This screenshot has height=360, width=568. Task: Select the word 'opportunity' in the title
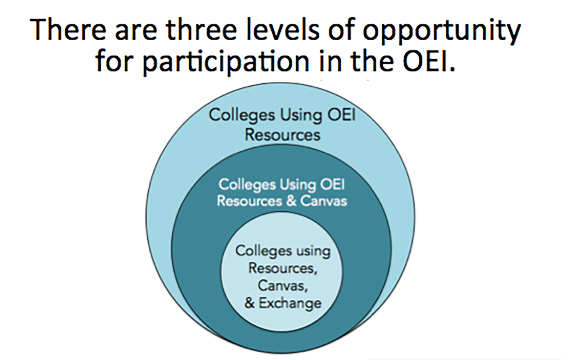[x=442, y=32]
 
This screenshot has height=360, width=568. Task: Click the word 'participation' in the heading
[x=226, y=63]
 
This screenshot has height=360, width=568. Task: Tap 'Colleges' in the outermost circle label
[x=242, y=116]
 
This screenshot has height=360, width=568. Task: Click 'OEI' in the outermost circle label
[x=341, y=115]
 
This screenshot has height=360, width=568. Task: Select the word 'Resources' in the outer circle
[x=283, y=135]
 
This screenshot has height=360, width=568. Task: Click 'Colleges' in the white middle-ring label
[x=247, y=185]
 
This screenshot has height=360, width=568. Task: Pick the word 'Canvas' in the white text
[x=324, y=201]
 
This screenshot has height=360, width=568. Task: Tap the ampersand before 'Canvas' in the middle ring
[x=291, y=201]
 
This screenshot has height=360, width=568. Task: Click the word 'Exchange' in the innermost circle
[x=290, y=303]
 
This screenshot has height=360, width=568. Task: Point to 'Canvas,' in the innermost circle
[x=283, y=286]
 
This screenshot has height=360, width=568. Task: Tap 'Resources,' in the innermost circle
[x=283, y=268]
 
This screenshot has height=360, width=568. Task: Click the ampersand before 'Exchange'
[x=249, y=303]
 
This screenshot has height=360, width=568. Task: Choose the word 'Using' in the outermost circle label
[x=301, y=116]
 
